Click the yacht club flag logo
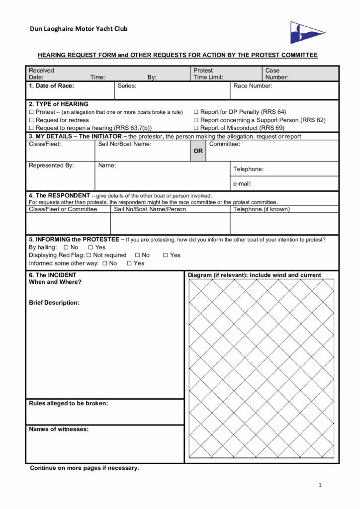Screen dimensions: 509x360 (x=307, y=32)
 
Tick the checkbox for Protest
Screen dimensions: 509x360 (x=31, y=112)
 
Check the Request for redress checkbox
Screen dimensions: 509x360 (x=31, y=120)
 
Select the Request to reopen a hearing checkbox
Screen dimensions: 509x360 (x=31, y=128)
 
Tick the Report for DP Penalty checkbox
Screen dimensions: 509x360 (x=196, y=112)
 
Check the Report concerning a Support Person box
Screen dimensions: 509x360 (x=196, y=120)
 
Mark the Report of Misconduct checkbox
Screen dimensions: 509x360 (x=196, y=128)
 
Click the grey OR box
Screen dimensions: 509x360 (x=198, y=151)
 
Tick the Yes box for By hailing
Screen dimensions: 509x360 (x=90, y=247)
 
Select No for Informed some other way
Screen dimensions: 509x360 (x=105, y=263)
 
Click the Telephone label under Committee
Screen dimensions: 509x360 (x=248, y=169)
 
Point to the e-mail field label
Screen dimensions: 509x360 (x=242, y=184)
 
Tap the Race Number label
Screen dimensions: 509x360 (x=253, y=86)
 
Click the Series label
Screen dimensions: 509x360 (x=127, y=86)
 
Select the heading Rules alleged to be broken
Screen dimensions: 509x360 (x=69, y=403)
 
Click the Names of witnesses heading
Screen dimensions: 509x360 (x=59, y=429)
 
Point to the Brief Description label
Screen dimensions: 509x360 (x=54, y=302)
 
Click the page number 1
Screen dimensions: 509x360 (x=320, y=485)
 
